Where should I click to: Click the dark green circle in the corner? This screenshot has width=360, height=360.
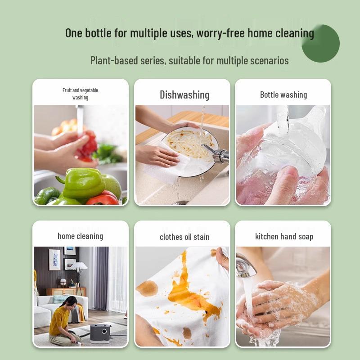(320, 44)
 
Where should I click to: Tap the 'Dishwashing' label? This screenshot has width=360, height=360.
(184, 95)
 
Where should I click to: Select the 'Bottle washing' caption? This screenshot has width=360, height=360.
(283, 95)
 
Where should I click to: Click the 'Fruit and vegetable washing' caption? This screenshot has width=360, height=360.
(80, 94)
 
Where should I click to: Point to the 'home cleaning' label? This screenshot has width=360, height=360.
(80, 236)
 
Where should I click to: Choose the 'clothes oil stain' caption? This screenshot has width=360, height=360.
(184, 237)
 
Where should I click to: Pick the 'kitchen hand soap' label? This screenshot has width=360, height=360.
(284, 237)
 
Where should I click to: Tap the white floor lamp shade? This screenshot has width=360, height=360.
(78, 267)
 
